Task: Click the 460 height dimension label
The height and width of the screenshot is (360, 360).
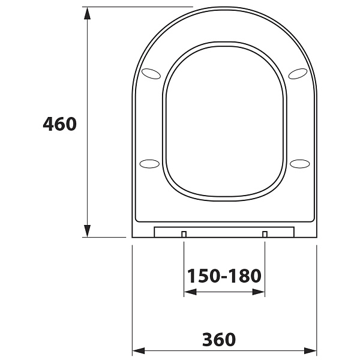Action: [59, 124]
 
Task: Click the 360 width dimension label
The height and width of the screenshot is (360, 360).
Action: [219, 340]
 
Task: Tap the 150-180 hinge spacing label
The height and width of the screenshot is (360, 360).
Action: [224, 275]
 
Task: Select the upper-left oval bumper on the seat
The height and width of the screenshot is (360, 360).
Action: [151, 74]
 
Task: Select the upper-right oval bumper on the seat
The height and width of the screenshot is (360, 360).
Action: [298, 74]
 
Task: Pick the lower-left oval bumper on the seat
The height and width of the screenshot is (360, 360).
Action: [149, 164]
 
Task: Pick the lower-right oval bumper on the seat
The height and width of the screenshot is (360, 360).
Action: [299, 164]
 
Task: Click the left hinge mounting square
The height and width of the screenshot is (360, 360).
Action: [184, 234]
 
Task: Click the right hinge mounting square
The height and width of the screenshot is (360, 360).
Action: [265, 234]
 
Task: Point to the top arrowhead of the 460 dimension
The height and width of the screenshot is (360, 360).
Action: [87, 13]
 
